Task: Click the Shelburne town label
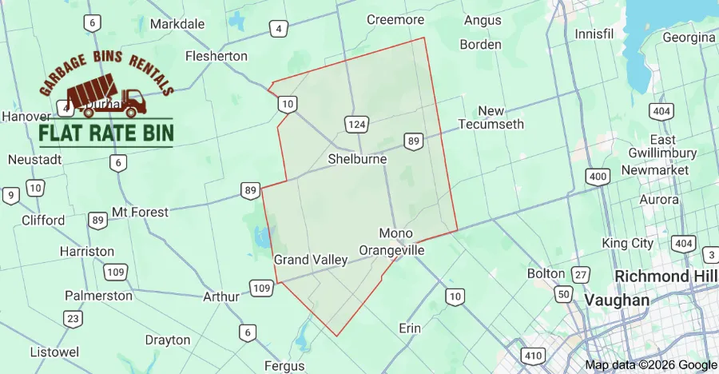(357, 159)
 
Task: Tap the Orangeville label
(391, 250)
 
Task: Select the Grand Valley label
(311, 260)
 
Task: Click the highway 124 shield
(357, 124)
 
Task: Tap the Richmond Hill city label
(665, 277)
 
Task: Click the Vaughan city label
(617, 300)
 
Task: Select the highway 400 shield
(597, 177)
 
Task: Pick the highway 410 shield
(532, 354)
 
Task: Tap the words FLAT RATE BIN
(106, 133)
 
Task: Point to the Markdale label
(177, 24)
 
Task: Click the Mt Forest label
(140, 212)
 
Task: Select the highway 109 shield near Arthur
(261, 288)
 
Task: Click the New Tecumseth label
(491, 117)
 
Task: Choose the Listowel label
(54, 352)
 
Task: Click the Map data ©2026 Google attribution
(650, 365)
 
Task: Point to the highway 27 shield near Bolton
(581, 274)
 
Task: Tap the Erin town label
(409, 328)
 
